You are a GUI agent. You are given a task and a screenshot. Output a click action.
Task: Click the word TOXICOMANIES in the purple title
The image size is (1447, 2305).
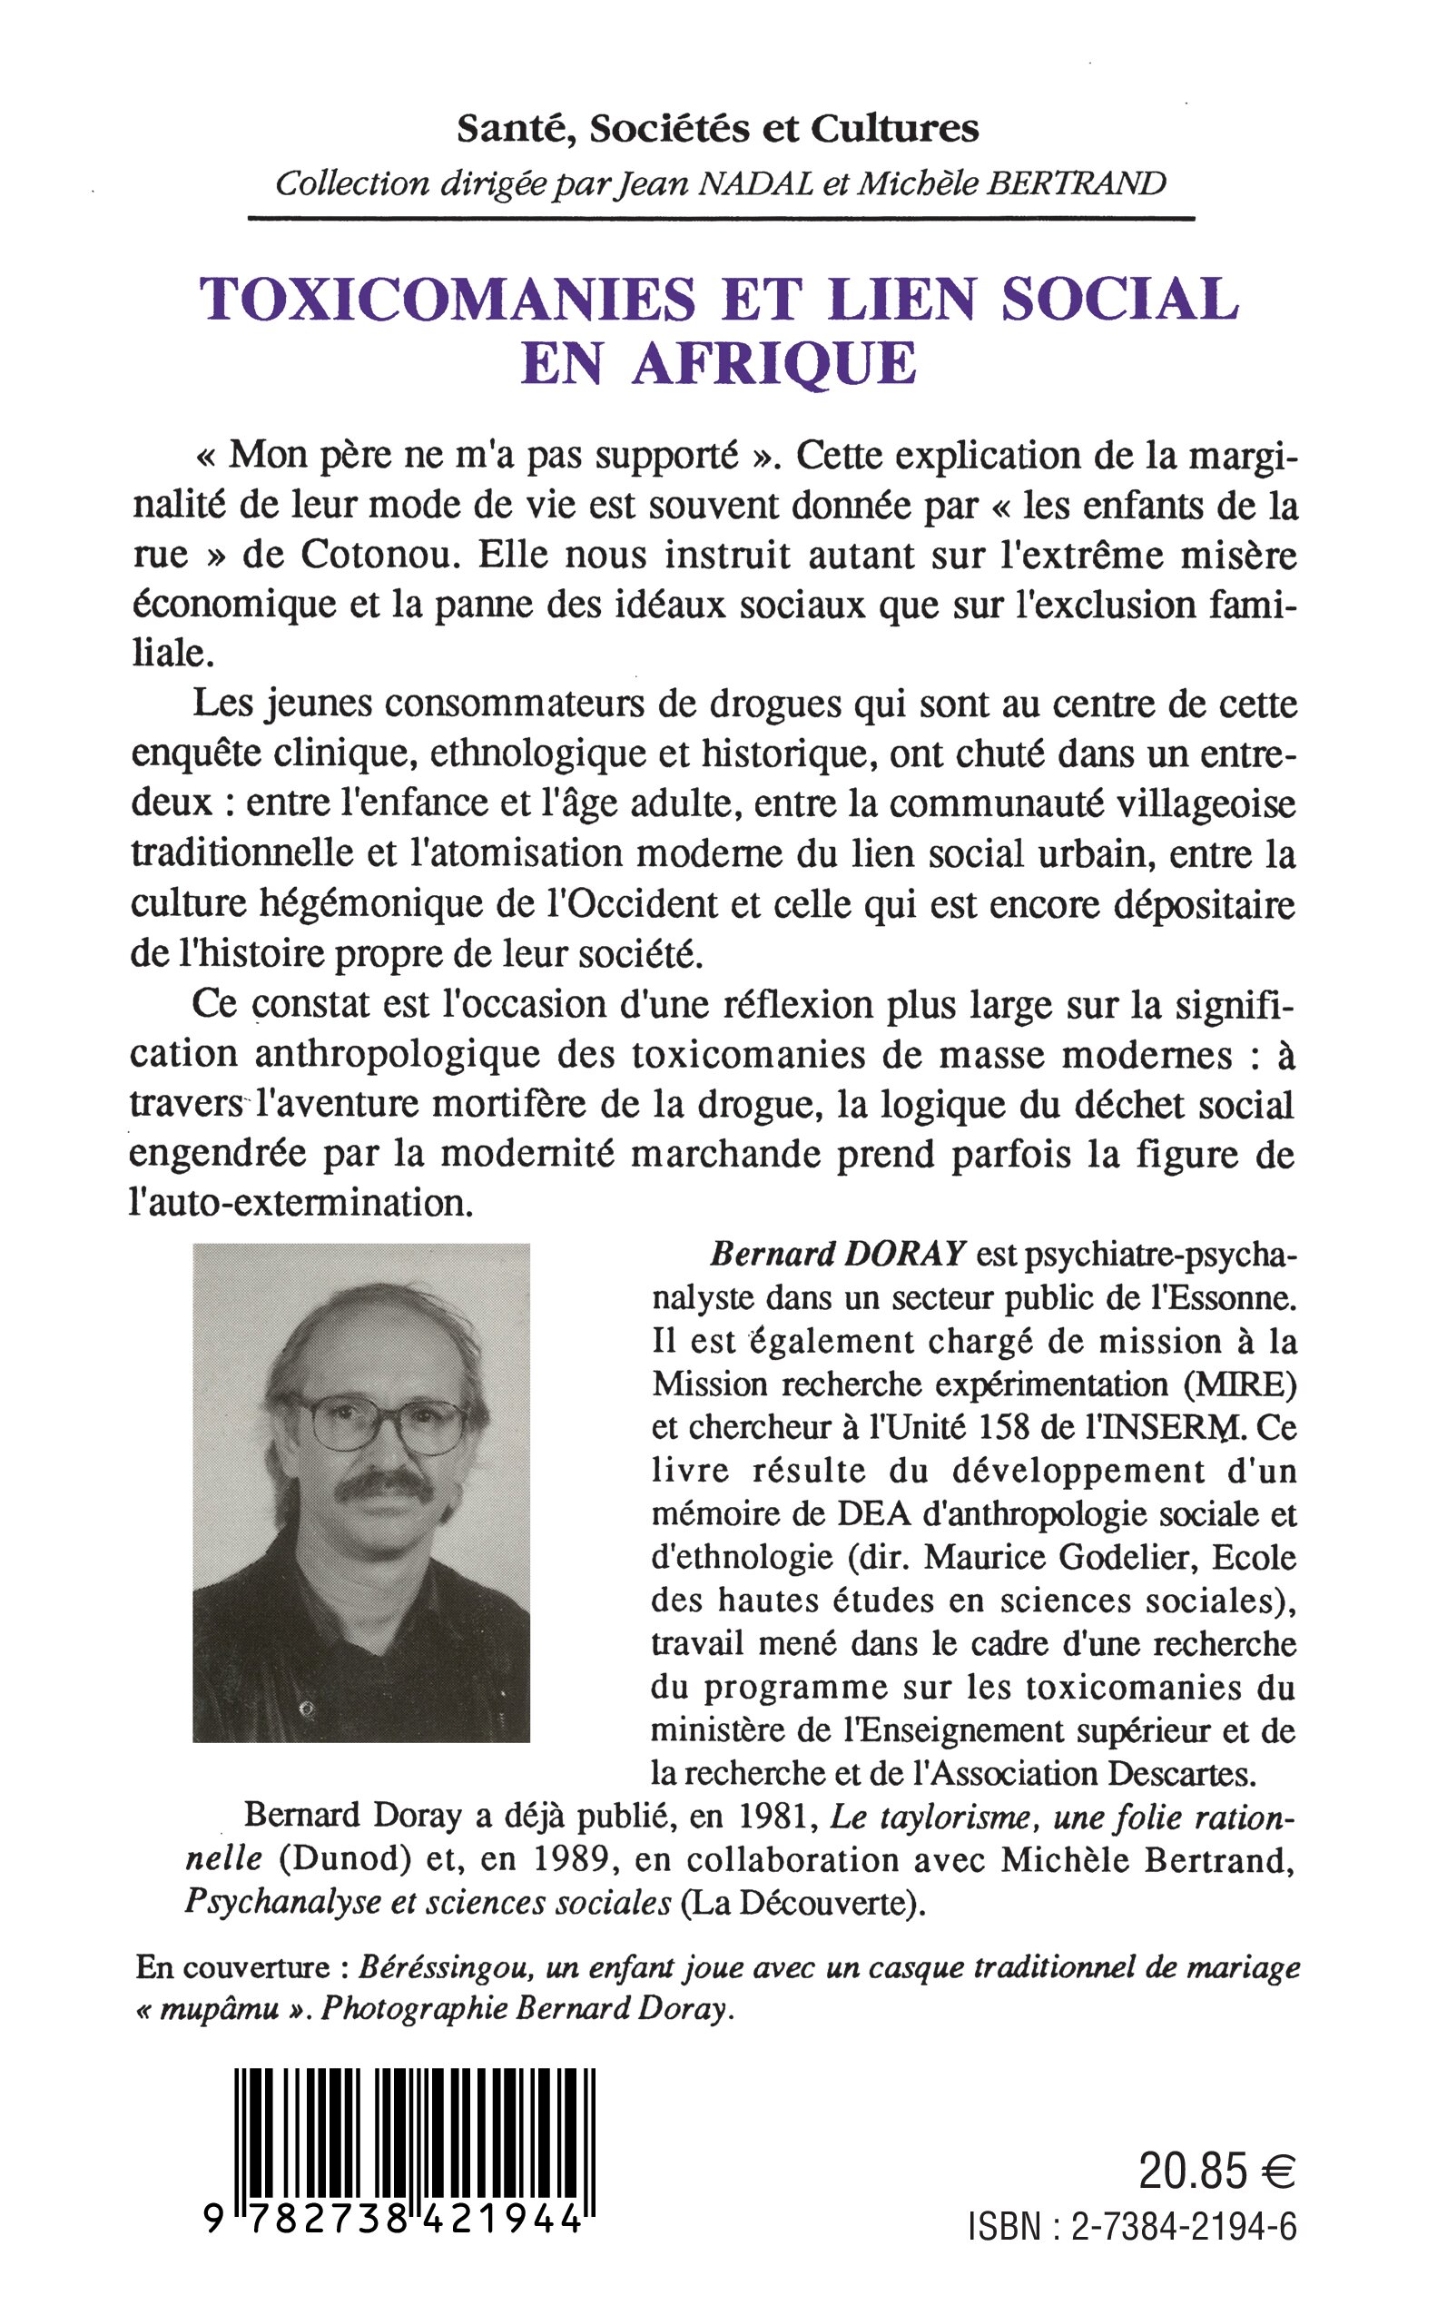[x=448, y=300]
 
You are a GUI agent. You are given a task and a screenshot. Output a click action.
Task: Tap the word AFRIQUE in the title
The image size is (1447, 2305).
[x=773, y=364]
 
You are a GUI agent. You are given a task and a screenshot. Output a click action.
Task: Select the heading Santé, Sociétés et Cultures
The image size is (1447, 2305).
[x=718, y=129]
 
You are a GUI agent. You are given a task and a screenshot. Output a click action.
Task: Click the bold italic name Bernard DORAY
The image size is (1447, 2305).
[x=837, y=1255]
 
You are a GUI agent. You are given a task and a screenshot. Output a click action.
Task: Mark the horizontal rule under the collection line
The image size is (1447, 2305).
[x=721, y=219]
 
